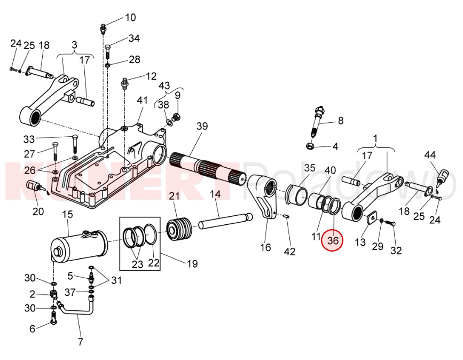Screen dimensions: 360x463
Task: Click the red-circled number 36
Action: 333,241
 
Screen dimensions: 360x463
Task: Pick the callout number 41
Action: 142,100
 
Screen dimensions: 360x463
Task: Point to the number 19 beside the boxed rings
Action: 192,263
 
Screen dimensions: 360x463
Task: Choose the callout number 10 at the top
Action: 130,18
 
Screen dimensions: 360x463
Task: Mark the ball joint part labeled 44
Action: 443,176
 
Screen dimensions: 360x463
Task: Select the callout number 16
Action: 265,247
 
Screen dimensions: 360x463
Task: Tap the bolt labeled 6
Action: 53,319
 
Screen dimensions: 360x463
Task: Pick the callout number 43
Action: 164,85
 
